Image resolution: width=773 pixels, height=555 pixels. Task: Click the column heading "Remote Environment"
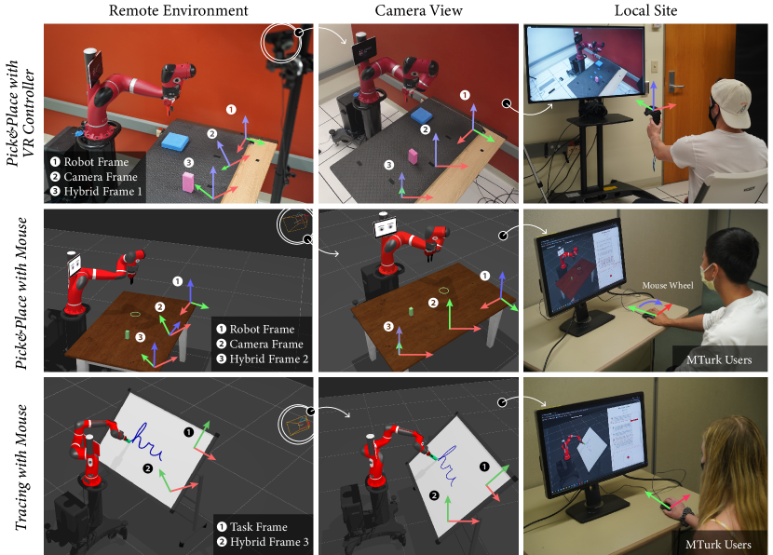tap(178, 10)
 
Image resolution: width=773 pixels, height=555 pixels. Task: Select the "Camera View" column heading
tap(418, 10)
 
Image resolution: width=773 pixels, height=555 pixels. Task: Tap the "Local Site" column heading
tap(645, 10)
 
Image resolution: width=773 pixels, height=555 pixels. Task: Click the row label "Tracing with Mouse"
tap(21, 467)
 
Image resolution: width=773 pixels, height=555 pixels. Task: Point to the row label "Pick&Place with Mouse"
tap(21, 293)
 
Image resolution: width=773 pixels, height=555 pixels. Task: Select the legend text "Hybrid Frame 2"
tap(268, 359)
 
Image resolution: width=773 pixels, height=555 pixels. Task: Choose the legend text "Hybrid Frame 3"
tap(269, 542)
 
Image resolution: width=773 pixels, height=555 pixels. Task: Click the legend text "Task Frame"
tap(258, 527)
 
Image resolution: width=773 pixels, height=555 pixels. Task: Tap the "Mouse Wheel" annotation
tap(668, 285)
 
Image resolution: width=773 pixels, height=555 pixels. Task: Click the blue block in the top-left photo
tap(175, 141)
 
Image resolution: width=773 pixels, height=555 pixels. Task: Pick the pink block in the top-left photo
tap(188, 181)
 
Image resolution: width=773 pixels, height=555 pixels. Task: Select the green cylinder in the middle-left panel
tap(128, 334)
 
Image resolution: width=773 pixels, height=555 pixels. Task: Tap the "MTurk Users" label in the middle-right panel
tap(719, 359)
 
